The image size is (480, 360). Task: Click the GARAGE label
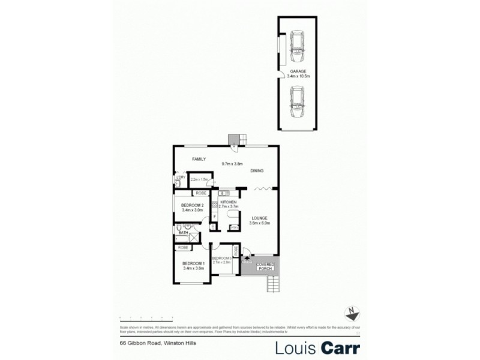coord(298,71)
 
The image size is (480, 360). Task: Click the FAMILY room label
coord(199,159)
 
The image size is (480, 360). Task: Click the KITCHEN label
coord(229,202)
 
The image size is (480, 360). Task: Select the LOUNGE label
coord(259,218)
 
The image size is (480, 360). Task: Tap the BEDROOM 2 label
coord(193,206)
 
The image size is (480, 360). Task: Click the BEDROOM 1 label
coord(194,264)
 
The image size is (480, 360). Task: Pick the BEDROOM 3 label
coord(221,258)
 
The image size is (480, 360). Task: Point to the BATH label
coord(183,233)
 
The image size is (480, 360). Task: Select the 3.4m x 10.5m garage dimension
coord(298,77)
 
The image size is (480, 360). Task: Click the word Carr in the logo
coord(340,348)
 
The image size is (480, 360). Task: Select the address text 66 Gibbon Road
coord(137,344)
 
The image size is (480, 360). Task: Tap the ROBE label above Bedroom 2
coord(200,193)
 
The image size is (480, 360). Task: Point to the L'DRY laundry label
coord(179,177)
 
